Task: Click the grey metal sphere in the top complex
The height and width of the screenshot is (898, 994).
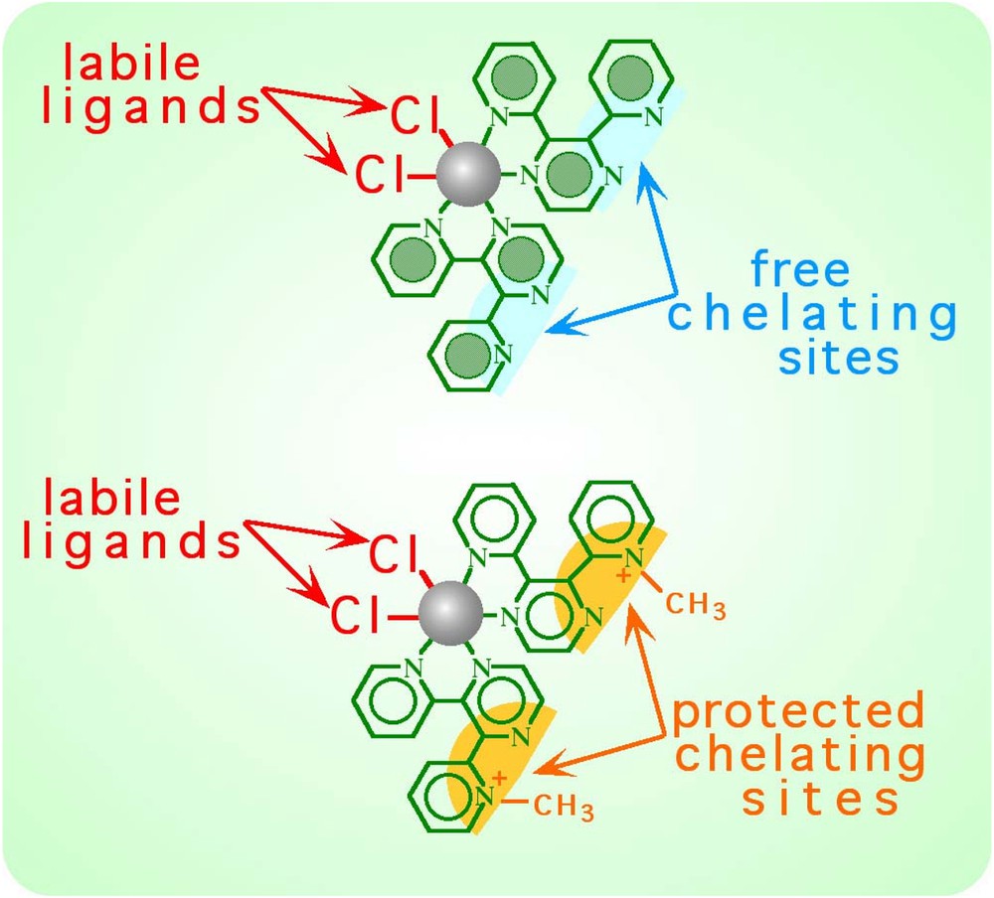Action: click(x=467, y=177)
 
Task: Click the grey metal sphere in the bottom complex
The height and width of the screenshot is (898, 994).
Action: click(x=451, y=616)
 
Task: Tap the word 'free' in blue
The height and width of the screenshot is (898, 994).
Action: click(x=799, y=270)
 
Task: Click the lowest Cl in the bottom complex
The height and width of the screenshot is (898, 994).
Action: click(x=355, y=617)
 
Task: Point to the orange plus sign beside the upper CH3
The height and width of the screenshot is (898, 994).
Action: click(x=623, y=576)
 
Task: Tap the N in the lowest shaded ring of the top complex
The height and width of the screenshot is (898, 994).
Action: click(x=503, y=352)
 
